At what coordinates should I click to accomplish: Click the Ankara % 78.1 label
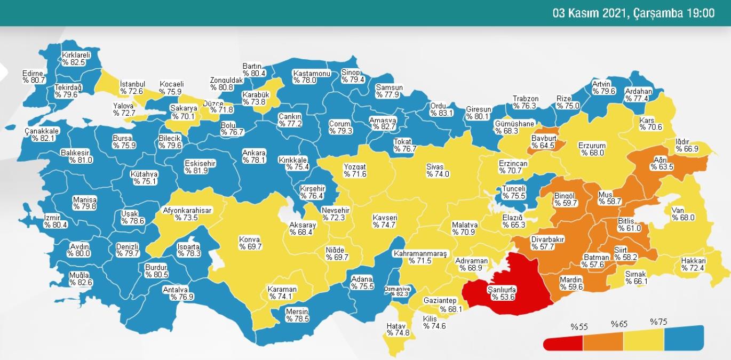pyautogui.click(x=254, y=156)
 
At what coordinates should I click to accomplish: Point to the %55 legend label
pyautogui.click(x=579, y=327)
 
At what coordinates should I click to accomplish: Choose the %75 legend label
pyautogui.click(x=658, y=322)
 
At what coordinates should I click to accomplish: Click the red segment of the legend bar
pyautogui.click(x=563, y=342)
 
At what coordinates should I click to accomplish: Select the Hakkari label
pyautogui.click(x=693, y=261)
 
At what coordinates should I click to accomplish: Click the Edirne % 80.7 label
pyautogui.click(x=34, y=77)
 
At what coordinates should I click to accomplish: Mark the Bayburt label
pyautogui.click(x=544, y=138)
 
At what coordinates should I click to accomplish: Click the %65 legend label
pyautogui.click(x=619, y=324)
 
